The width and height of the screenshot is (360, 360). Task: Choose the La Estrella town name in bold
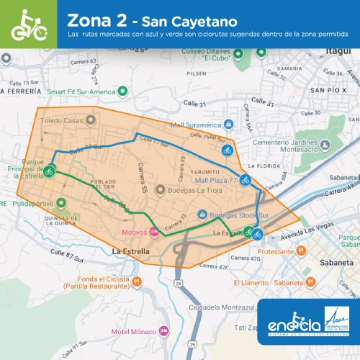pyautogui.click(x=130, y=251)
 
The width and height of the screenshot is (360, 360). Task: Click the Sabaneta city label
pyautogui.click(x=334, y=264)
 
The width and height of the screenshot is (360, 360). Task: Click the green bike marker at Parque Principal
pyautogui.click(x=49, y=171)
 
